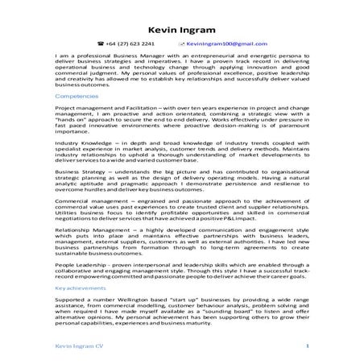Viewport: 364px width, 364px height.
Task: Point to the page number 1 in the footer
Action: pos(308,345)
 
